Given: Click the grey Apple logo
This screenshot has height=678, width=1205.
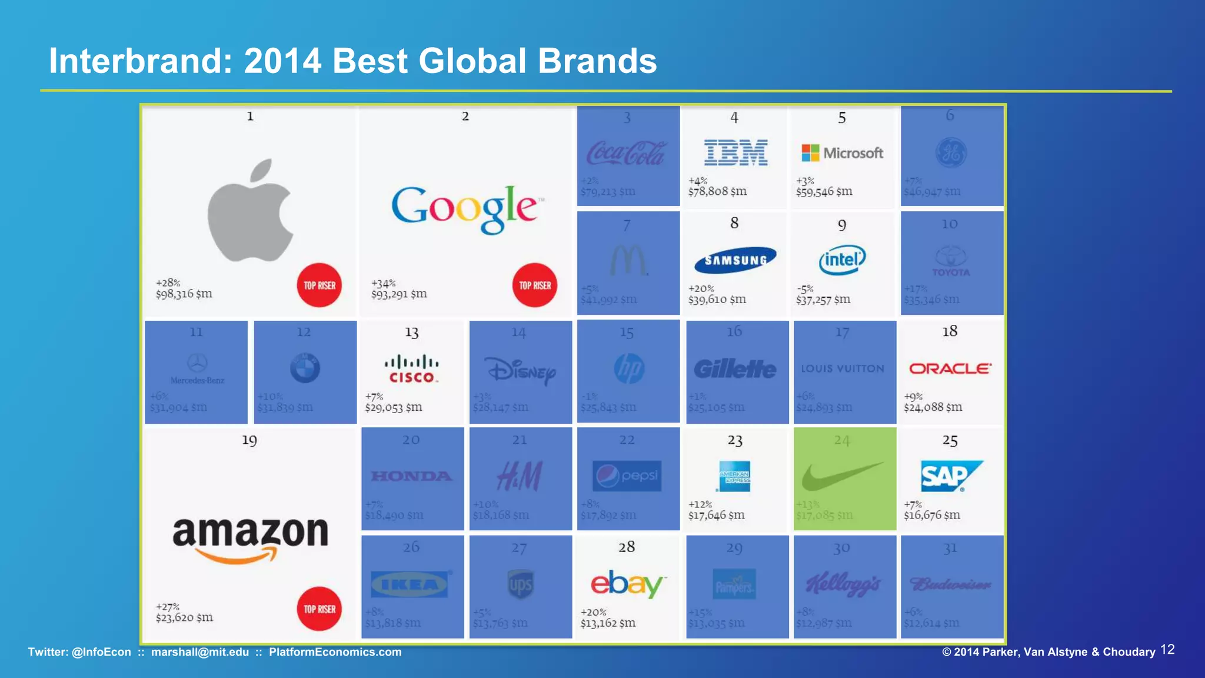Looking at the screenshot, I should [x=251, y=211].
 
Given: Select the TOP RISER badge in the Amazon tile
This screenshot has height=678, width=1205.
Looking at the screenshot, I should [x=319, y=609].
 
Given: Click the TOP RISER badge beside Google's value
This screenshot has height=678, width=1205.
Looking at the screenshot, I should [x=535, y=285].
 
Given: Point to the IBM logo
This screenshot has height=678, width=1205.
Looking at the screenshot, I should [x=735, y=153].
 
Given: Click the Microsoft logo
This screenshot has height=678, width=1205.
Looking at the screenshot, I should [x=842, y=153].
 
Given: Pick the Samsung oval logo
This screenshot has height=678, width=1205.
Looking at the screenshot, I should [x=735, y=260].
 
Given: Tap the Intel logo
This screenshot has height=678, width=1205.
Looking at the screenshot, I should [x=842, y=260].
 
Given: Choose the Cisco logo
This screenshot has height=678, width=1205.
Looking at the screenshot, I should [x=411, y=370].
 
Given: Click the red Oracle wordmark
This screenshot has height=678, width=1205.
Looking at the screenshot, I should [x=950, y=368].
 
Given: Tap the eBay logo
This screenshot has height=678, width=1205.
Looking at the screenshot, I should [x=627, y=584].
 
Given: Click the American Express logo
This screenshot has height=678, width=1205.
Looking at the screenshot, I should [x=734, y=476].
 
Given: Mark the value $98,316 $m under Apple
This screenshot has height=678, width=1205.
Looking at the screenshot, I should [x=184, y=294].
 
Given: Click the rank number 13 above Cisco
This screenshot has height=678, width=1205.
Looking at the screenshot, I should [x=411, y=333].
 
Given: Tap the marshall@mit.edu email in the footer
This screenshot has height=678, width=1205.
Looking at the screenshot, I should [x=200, y=652].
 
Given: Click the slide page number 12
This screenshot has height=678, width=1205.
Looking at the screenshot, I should [x=1167, y=650].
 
